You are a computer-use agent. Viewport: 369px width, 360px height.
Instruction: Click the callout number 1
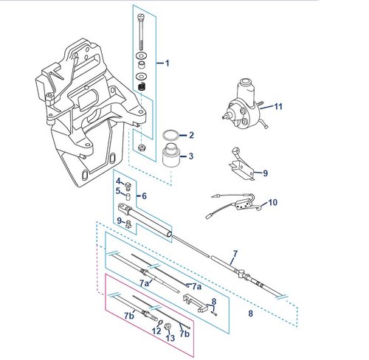click(168, 63)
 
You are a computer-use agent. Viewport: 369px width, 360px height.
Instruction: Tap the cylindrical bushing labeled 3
click(171, 156)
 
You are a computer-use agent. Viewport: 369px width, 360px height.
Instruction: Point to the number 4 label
click(119, 181)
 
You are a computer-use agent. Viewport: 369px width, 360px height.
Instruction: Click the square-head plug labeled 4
click(128, 187)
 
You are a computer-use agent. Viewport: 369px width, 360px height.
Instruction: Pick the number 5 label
click(118, 191)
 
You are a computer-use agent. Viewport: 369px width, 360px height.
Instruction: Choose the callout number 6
click(144, 196)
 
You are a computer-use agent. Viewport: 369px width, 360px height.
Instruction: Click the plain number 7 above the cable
click(235, 254)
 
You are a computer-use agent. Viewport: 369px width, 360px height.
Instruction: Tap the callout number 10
click(272, 203)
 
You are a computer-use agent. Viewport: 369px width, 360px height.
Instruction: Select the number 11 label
click(278, 106)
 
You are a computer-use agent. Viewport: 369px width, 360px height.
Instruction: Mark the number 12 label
click(156, 331)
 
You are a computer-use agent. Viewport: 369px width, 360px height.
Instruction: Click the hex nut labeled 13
click(167, 326)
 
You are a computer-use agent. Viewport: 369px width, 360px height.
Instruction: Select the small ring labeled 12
click(160, 322)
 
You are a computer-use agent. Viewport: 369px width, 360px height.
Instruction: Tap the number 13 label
click(170, 338)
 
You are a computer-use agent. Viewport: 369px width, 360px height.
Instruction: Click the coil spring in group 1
click(141, 86)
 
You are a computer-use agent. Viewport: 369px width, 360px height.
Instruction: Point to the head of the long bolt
click(141, 17)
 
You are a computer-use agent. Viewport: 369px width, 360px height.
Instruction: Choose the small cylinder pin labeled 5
click(128, 197)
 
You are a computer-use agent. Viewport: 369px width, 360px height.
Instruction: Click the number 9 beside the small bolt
click(120, 221)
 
